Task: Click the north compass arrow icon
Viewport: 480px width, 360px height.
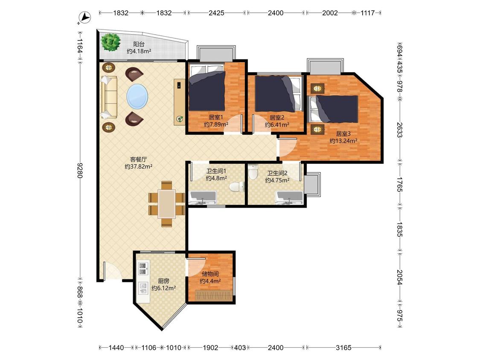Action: pos(85,17)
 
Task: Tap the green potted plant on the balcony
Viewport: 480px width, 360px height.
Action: pos(111,42)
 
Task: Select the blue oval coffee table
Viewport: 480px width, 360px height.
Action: pos(137,96)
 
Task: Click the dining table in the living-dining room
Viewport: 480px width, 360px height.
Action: pos(166,204)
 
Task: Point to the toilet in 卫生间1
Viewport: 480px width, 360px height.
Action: pos(237,186)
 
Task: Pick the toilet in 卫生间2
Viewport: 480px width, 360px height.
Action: pos(253,172)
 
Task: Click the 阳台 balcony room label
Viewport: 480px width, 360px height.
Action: pos(139,44)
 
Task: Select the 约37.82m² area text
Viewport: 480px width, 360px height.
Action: pos(139,166)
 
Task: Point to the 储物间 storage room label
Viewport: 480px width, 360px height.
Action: pos(210,274)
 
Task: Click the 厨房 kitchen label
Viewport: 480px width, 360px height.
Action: pos(163,281)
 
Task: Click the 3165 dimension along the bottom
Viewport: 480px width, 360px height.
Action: pos(343,348)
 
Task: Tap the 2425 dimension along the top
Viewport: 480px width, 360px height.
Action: pos(216,13)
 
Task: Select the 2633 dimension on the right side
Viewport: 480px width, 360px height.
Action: pos(399,130)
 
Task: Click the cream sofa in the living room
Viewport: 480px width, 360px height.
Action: pos(109,97)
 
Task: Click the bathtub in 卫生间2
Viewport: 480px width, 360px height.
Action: pos(290,197)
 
